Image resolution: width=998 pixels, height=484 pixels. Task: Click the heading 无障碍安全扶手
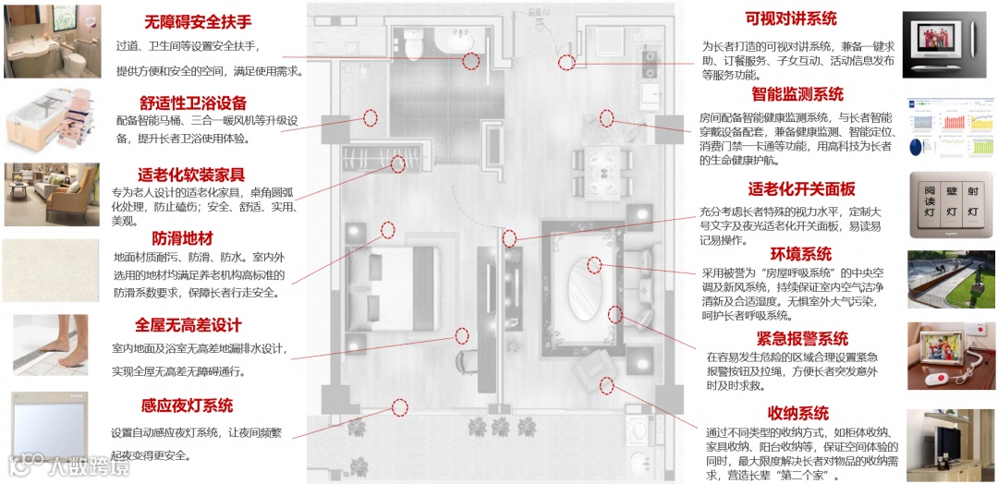click(x=198, y=22)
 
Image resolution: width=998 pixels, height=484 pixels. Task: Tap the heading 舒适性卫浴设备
click(x=193, y=103)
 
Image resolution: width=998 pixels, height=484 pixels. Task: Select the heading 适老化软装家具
click(x=191, y=175)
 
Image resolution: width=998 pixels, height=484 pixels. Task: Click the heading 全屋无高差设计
click(x=188, y=325)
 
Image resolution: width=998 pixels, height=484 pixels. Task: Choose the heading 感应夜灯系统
click(x=187, y=405)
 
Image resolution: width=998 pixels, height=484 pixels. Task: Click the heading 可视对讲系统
click(x=791, y=18)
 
